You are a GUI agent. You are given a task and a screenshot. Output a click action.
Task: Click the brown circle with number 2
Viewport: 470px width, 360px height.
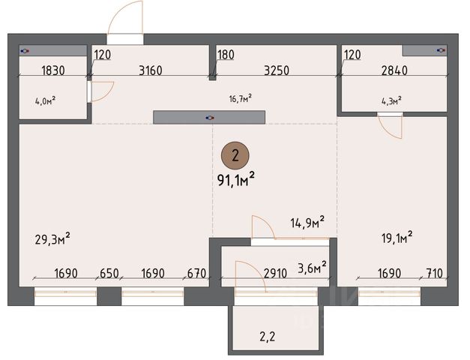235,156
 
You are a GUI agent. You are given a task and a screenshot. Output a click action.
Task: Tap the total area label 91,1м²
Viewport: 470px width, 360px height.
236,180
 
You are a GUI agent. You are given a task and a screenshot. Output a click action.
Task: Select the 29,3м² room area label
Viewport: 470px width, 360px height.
52,239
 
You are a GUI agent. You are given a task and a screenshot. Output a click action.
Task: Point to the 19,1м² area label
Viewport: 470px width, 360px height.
397,238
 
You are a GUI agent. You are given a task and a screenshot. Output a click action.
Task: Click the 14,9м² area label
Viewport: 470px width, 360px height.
307,223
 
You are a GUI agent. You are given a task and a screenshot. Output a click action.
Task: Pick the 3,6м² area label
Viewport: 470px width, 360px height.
312,267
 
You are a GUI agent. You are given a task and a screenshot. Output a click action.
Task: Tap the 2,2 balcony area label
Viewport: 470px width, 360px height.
267,337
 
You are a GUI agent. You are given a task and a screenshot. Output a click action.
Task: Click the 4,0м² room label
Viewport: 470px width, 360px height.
45,100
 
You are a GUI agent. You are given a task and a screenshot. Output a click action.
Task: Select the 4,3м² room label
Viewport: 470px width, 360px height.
391,100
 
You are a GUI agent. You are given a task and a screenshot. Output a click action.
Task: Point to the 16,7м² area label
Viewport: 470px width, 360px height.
240,98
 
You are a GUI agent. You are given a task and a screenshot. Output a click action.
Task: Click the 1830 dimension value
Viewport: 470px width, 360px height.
53,70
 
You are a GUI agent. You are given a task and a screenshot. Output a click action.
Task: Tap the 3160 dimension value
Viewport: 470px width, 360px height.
151,70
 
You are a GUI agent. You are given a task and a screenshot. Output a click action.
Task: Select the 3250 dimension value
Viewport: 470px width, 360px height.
277,70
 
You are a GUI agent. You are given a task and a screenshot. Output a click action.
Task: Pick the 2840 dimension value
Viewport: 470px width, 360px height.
394,70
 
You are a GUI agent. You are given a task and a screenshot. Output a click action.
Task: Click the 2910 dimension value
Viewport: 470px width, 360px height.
275,274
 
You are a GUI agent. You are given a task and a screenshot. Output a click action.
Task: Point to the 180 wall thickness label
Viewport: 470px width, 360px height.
226,55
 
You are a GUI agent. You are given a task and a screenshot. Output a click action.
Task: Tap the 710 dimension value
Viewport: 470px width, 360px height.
434,274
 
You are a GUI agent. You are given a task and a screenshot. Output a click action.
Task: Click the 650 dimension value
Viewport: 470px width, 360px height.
109,274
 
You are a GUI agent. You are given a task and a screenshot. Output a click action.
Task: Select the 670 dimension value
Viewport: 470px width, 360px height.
196,274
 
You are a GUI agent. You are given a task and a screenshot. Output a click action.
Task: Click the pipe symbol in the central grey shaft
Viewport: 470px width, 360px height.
210,118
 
